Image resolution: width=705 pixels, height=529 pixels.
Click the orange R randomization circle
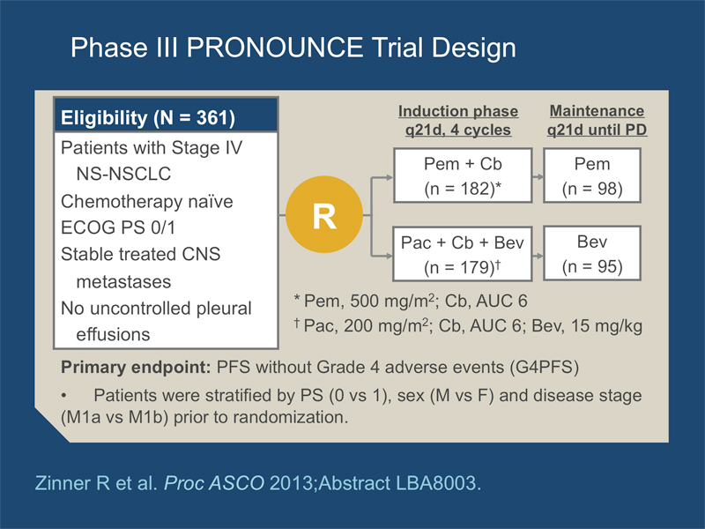coord(324,214)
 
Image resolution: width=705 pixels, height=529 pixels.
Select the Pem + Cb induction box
coord(463,175)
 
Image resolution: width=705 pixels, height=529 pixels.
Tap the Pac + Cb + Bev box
coord(463,254)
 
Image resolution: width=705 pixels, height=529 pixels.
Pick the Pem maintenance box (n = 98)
coord(592,175)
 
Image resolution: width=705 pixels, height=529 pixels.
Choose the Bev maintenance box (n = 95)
coord(592,254)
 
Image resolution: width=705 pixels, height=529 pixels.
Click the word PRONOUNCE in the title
coord(275,48)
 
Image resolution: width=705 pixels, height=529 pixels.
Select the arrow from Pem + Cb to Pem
coord(538,177)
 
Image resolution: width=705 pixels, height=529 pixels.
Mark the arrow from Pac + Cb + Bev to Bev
coord(538,256)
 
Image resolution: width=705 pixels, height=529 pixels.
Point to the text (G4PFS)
coord(545,368)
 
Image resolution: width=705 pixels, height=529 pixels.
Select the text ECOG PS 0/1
coord(118,227)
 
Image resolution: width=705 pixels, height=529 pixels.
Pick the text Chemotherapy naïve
coord(147,202)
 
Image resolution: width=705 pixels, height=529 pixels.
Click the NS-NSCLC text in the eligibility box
coord(123,174)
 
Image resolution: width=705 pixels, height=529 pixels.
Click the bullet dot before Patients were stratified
coord(63,396)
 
